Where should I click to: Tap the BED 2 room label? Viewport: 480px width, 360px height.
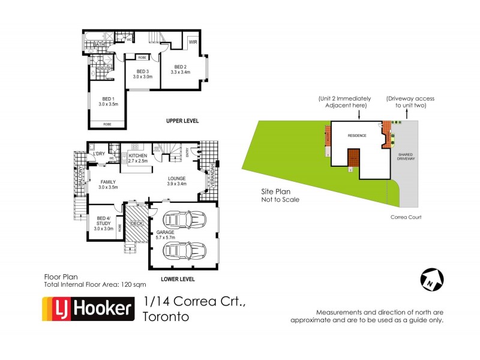181,67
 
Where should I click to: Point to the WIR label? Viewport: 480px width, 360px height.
193,43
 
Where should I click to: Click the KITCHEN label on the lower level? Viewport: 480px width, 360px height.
138,157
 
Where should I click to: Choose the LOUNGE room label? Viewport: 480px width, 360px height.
176,178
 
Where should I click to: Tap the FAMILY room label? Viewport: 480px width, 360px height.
109,182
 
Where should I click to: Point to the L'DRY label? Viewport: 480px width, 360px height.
99,154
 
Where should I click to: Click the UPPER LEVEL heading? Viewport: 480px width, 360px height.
182,121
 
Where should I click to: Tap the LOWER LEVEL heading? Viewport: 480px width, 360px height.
178,280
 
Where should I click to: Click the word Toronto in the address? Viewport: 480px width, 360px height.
166,316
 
